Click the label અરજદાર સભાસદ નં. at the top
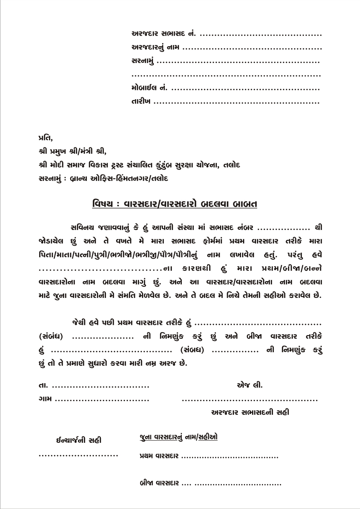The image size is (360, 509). (x=164, y=34)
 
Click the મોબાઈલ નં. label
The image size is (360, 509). (x=149, y=88)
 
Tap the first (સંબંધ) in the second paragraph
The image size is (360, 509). (x=51, y=337)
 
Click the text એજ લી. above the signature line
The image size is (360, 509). (x=250, y=385)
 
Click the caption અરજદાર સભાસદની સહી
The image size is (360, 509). (x=250, y=413)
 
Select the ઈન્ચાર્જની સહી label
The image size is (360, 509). (x=79, y=440)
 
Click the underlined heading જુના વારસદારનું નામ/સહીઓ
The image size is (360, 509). (x=179, y=437)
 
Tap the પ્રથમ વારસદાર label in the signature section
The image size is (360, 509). (x=159, y=456)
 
